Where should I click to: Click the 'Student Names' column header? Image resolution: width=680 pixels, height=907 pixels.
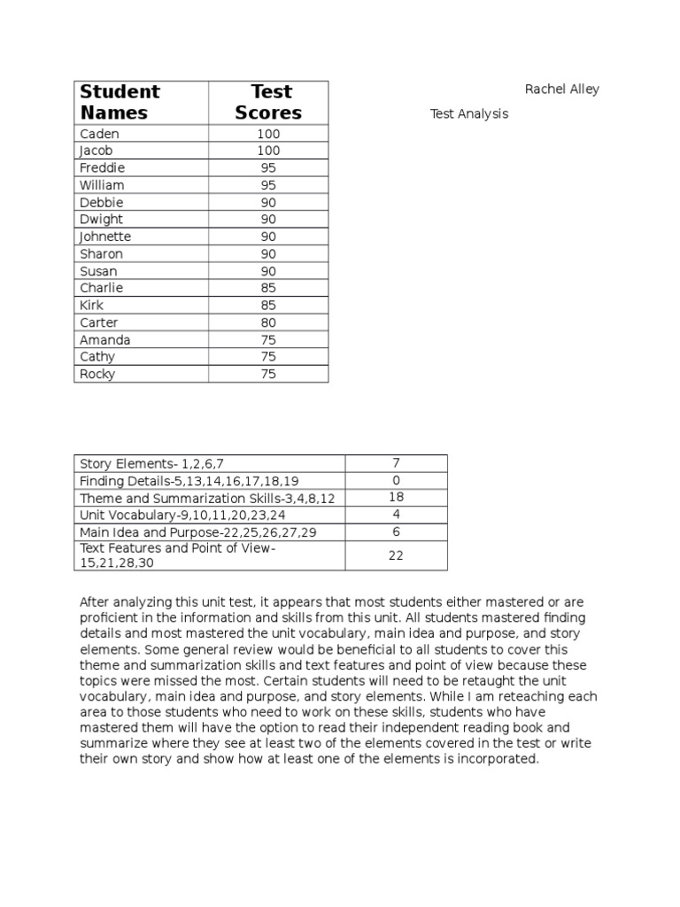120,102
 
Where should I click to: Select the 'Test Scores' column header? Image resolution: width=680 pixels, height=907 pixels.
268,102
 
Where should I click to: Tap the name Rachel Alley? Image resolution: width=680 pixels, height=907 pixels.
561,89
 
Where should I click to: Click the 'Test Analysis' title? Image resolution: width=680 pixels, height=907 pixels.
469,114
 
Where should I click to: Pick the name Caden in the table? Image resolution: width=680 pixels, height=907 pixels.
99,134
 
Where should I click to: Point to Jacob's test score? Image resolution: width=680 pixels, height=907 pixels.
268,151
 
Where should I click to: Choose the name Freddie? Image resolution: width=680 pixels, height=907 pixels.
103,167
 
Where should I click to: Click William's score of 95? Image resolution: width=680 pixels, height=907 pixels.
268,185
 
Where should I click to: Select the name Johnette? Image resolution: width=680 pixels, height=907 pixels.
105,236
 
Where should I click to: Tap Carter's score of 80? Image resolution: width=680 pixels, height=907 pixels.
268,322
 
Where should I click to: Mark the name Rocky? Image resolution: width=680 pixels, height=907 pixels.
97,374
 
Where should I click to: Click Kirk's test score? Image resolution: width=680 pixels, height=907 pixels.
268,306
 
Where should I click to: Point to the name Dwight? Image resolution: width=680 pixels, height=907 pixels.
102,219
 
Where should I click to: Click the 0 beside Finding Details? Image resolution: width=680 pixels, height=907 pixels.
396,480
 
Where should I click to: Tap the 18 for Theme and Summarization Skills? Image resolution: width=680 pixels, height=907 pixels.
396,497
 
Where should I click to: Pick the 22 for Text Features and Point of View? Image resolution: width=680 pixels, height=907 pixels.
396,555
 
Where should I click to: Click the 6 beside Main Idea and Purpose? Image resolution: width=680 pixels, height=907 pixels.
396,531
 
